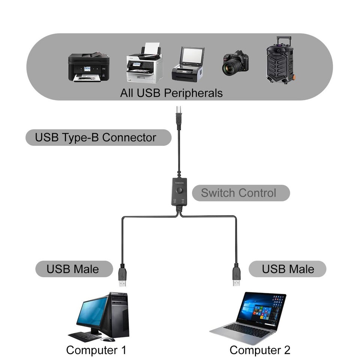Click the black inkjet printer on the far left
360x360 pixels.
88,67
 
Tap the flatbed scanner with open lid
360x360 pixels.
188,64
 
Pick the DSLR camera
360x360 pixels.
235,63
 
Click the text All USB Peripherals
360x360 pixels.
171,93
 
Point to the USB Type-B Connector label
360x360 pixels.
96,137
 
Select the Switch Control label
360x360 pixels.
238,193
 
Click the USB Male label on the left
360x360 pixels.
73,269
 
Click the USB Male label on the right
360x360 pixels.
288,269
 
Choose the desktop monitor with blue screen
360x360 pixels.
92,312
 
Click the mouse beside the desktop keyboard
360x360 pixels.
108,339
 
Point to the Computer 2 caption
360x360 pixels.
260,350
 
